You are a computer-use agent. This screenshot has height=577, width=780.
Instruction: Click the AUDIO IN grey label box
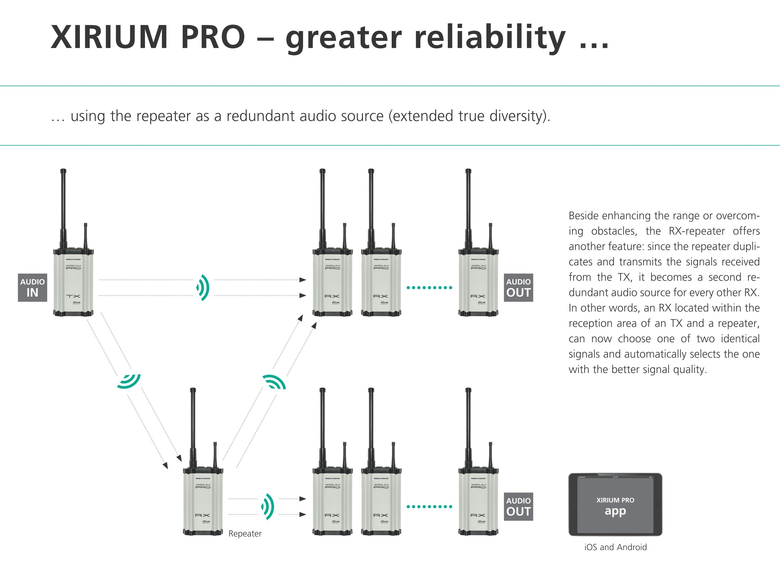pos(32,288)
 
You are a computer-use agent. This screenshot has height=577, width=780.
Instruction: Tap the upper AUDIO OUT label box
pos(518,288)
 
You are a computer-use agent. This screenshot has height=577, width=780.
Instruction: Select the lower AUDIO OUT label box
pos(518,507)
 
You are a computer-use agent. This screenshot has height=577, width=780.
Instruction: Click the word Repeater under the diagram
pos(245,534)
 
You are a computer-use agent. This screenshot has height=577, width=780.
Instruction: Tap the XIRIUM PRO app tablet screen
pos(615,505)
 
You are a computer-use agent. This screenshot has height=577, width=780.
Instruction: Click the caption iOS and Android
pos(615,547)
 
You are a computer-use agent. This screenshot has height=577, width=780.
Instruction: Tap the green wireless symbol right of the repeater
pos(268,506)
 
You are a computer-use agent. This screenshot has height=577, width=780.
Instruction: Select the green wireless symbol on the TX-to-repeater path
pos(129,381)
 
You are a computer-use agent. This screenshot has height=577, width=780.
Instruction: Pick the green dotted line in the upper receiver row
pos(429,288)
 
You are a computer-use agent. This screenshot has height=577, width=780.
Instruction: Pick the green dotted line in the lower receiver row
pos(429,506)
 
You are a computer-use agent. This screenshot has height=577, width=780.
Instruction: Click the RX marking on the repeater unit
pos(203,515)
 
